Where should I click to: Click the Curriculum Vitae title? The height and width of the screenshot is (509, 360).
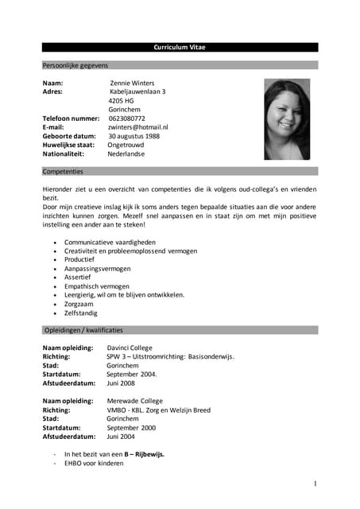coord(179,48)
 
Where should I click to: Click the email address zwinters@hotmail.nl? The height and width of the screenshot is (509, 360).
coord(138,127)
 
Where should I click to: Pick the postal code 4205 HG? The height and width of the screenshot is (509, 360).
coord(122,101)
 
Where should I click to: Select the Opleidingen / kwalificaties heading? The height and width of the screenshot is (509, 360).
coord(83,329)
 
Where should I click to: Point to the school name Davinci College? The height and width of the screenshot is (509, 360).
coord(130,348)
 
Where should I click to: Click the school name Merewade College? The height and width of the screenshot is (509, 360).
coord(134,402)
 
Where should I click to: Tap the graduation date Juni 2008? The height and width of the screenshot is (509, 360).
coord(124,383)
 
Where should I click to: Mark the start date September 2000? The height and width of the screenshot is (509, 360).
coord(131,428)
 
